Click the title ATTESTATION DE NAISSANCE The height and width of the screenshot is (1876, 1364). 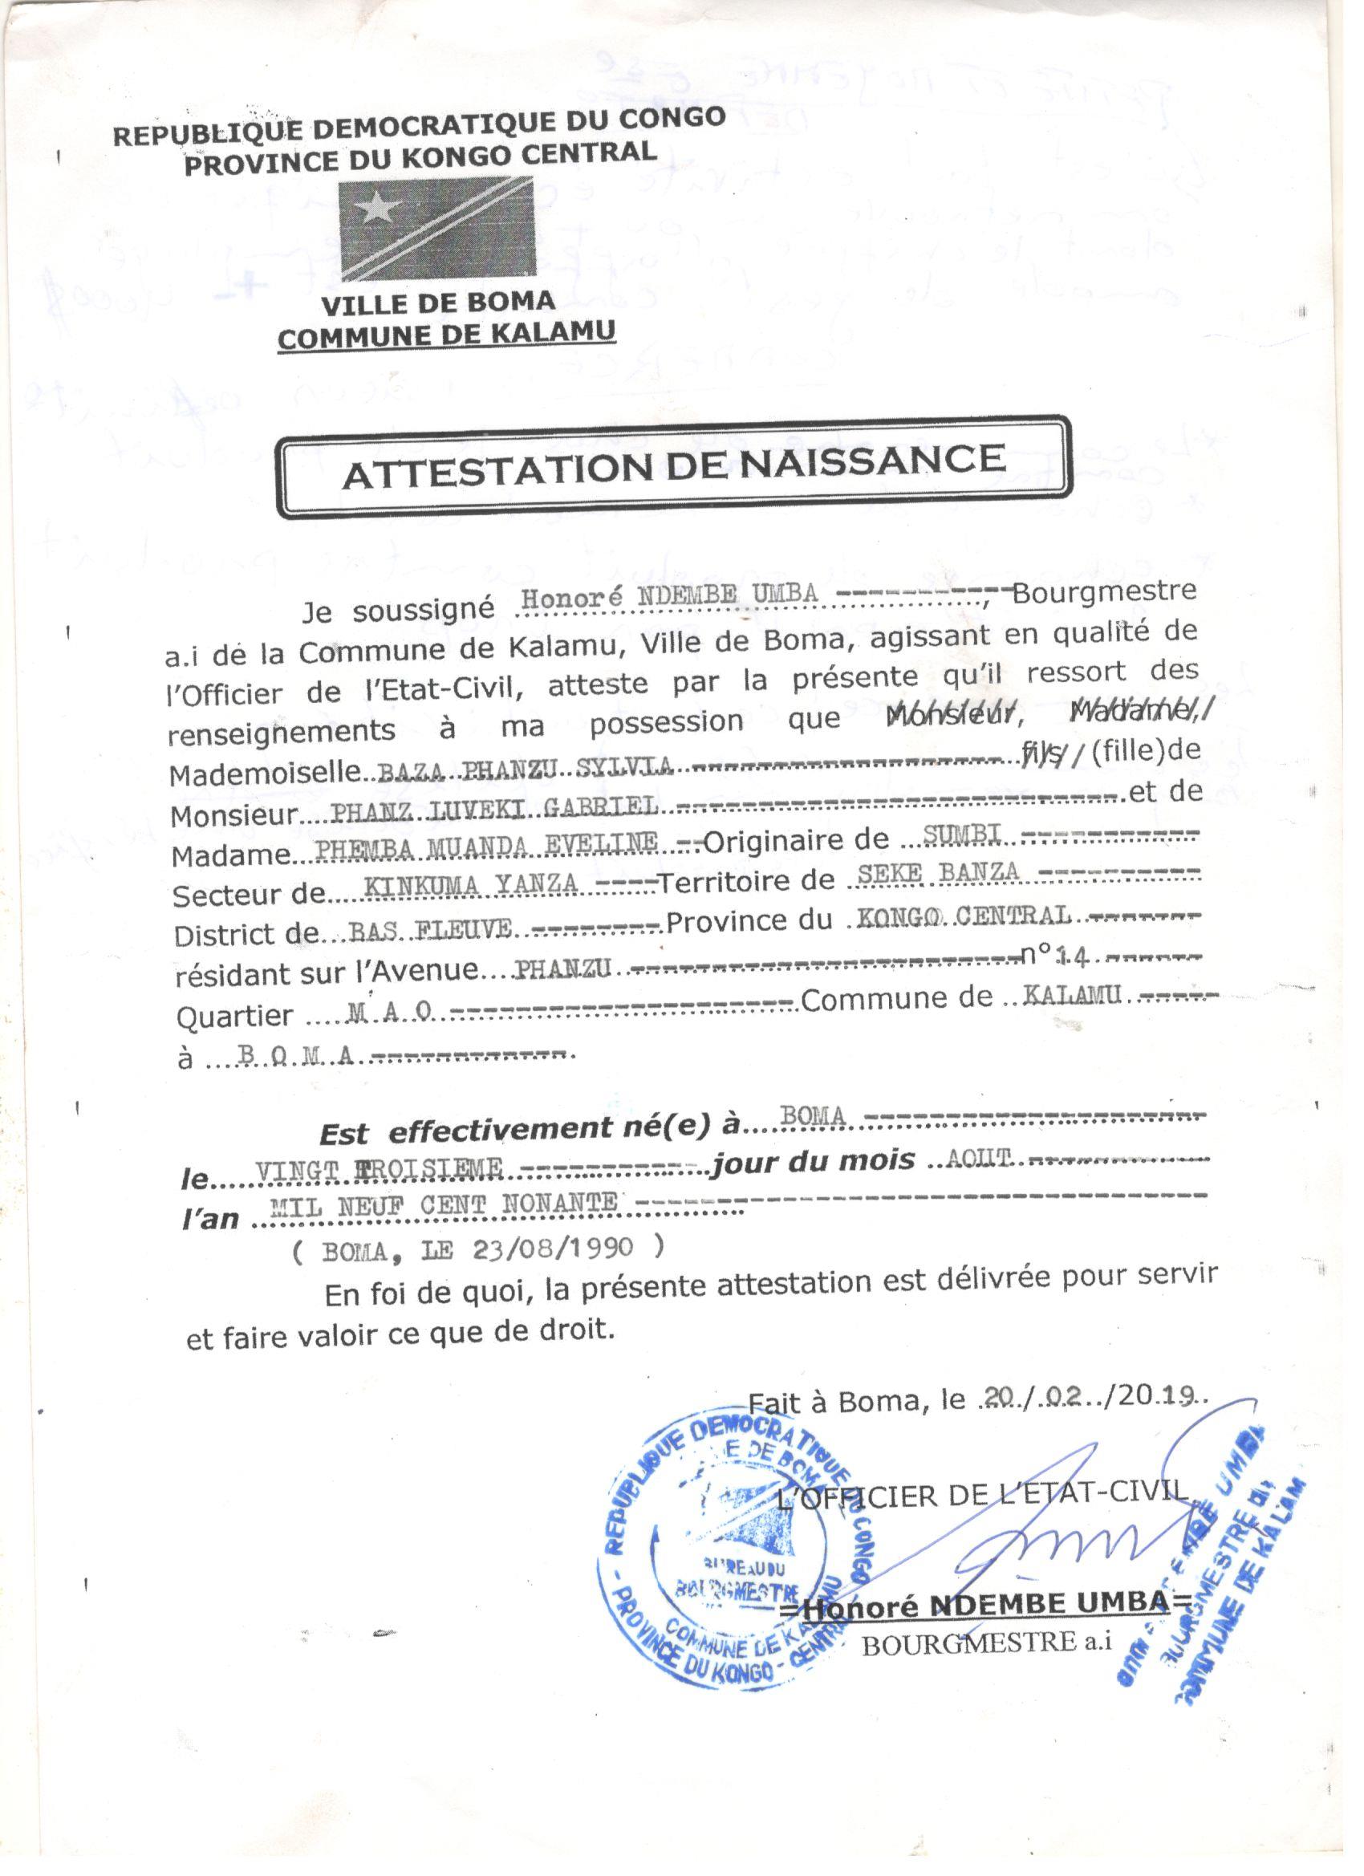673,465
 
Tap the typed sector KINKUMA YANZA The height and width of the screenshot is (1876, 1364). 471,885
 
